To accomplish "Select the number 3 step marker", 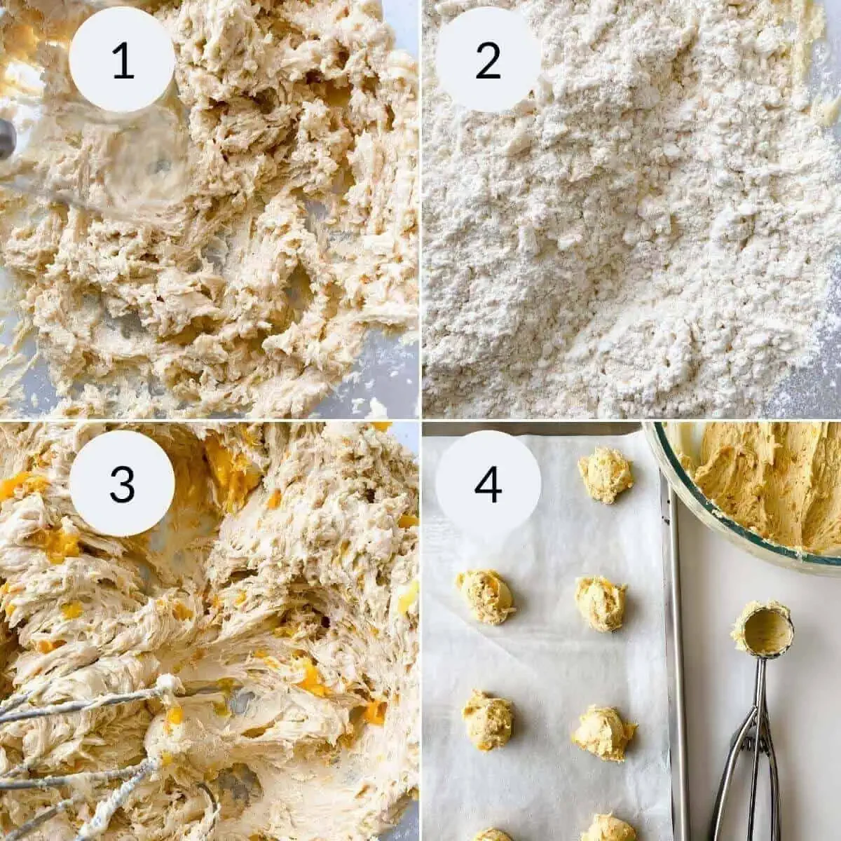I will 122,484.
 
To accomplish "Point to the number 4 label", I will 488,484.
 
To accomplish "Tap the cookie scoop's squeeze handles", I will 736,785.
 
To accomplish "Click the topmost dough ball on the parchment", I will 605,475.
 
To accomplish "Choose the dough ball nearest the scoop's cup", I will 601,603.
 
